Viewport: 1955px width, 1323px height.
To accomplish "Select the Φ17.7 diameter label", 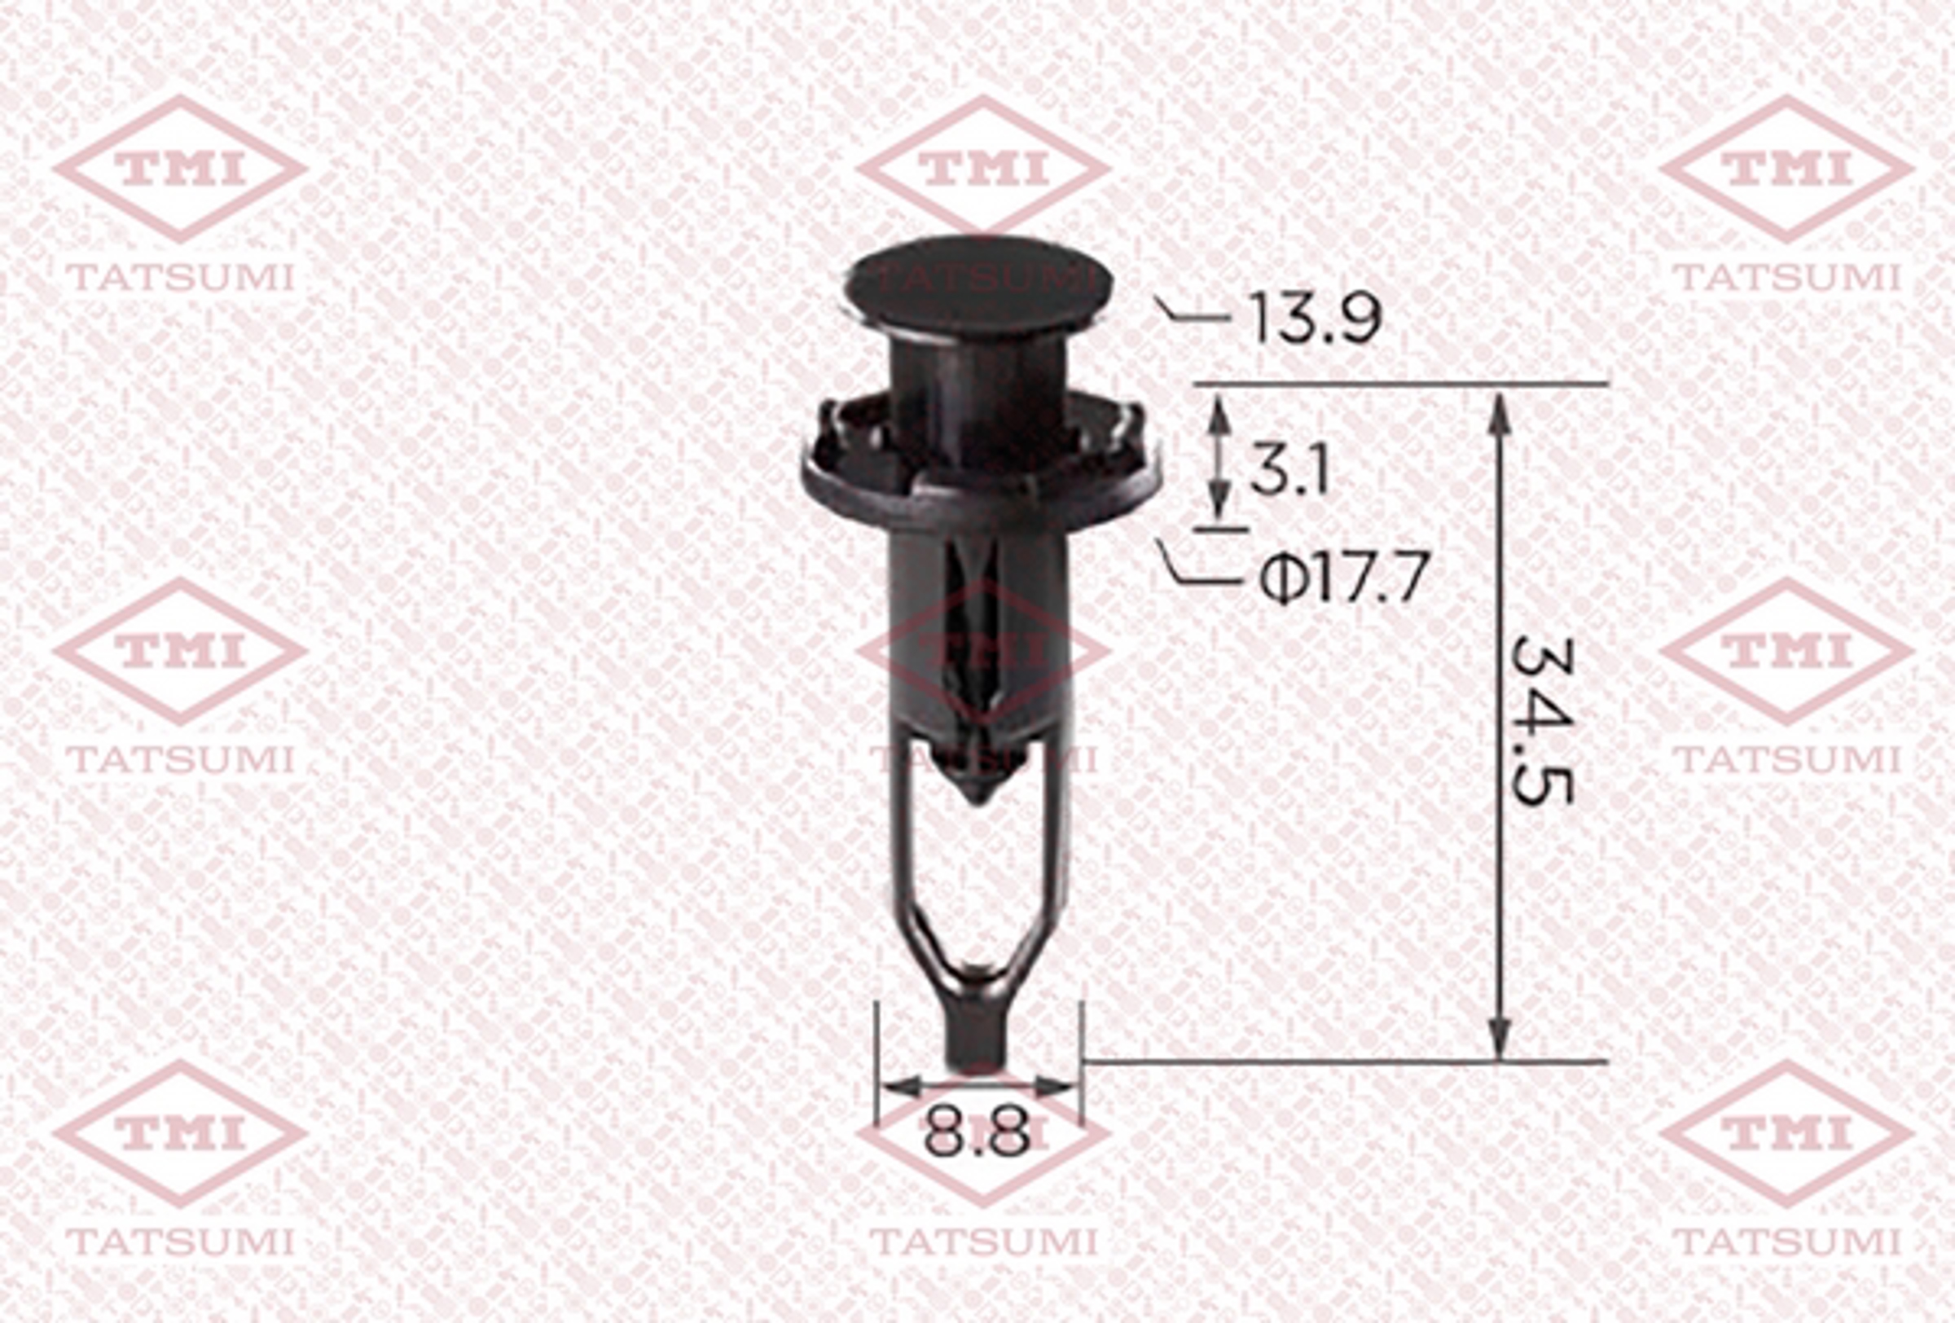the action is point(1344,578).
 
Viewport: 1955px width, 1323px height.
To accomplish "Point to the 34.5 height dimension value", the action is point(1540,723).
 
